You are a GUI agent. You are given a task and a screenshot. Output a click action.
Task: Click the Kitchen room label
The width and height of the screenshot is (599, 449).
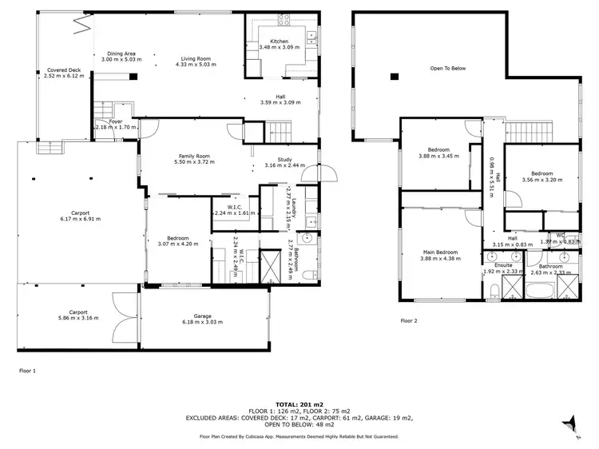tap(279, 41)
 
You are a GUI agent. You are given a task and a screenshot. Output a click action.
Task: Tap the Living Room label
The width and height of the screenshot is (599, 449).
tap(196, 58)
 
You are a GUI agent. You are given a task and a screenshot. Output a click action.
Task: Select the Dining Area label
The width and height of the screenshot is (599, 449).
tap(121, 53)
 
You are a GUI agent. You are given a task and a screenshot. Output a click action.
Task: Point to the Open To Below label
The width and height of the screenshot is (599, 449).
tap(447, 69)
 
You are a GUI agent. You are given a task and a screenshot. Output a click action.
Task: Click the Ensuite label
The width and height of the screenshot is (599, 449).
tap(503, 265)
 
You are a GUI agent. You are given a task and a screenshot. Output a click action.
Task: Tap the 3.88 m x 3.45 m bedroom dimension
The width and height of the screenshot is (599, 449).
tap(438, 156)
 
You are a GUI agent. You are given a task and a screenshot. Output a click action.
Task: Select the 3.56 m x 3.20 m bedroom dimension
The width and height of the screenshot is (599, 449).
tap(542, 180)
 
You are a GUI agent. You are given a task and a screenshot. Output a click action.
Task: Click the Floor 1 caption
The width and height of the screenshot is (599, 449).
tap(27, 371)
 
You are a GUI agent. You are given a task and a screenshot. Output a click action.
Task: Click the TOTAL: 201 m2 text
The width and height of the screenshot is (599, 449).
tap(299, 405)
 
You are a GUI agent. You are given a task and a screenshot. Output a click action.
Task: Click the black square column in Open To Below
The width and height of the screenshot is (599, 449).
tap(394, 77)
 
